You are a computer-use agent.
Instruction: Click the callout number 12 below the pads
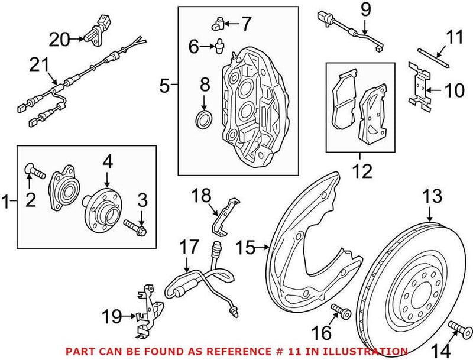click(362, 171)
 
